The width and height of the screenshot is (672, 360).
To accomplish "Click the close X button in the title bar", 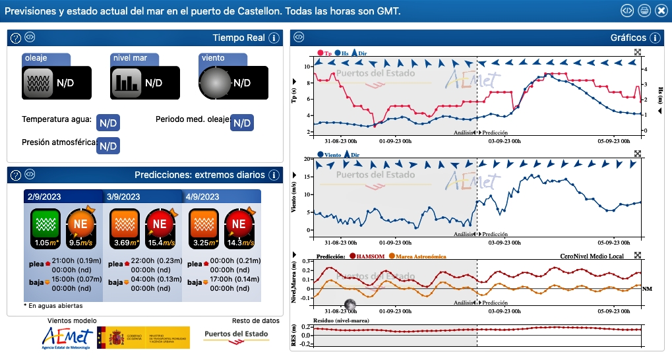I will click(x=660, y=11).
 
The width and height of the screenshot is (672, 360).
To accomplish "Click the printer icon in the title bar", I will click(x=644, y=11).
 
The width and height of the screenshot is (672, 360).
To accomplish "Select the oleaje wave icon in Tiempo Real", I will click(x=37, y=82).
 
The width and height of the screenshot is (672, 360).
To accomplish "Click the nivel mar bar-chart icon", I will click(x=125, y=82).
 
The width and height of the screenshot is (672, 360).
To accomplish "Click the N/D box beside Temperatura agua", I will click(x=108, y=123).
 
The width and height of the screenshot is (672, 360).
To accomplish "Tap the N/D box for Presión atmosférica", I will click(x=108, y=145).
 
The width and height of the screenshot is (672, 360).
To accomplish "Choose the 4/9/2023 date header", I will click(x=203, y=196).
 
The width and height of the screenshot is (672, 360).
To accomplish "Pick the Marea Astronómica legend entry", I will click(x=418, y=256).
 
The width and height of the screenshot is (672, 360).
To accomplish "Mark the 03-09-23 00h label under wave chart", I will click(x=504, y=140).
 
